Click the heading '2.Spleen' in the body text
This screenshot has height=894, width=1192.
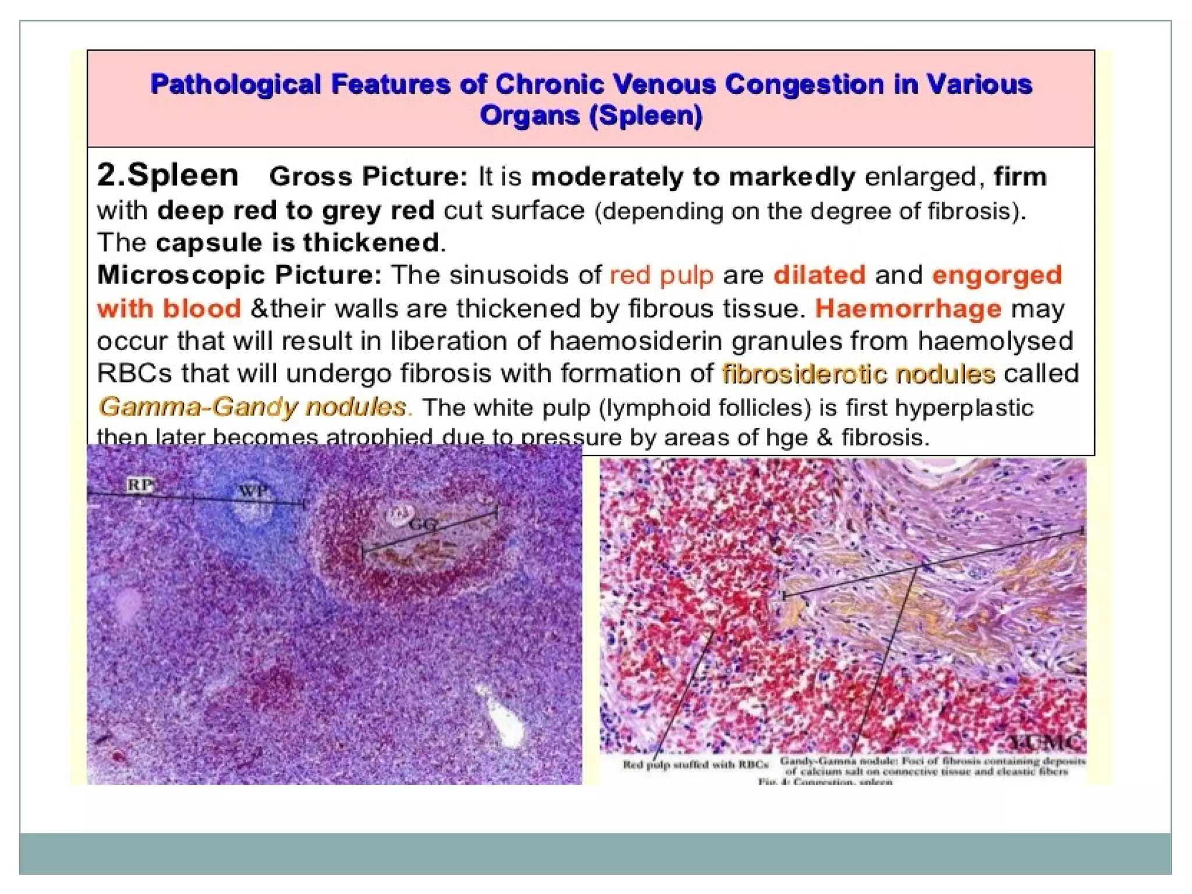click(x=168, y=175)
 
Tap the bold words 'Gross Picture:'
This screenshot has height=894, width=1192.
click(x=368, y=176)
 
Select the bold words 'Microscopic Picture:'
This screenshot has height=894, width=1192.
click(x=239, y=275)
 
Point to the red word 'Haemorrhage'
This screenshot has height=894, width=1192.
click(x=908, y=308)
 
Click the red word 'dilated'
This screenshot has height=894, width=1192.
click(x=819, y=275)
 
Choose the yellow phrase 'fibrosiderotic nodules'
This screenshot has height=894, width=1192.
click(x=858, y=374)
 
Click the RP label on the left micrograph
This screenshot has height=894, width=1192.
click(x=140, y=485)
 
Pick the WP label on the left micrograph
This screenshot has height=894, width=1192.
click(x=253, y=492)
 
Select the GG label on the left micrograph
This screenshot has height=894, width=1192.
click(x=423, y=524)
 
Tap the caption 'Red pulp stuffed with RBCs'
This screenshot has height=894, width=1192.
click(x=695, y=764)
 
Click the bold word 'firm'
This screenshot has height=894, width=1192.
click(x=1020, y=176)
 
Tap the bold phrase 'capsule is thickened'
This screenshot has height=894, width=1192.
click(x=297, y=243)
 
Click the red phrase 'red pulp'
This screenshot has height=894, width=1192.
click(x=661, y=275)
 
